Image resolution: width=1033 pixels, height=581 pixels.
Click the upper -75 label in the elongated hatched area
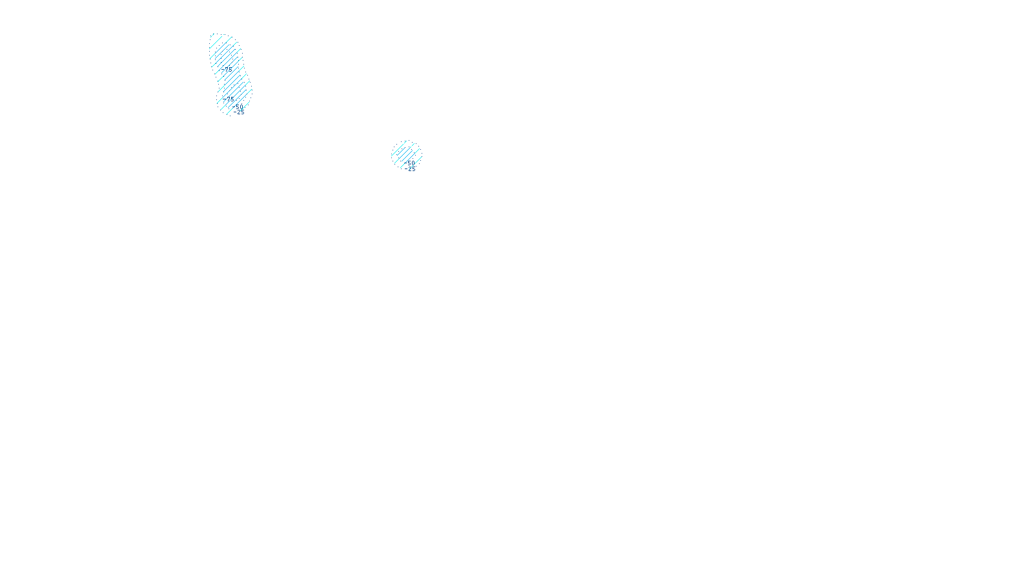tap(227, 68)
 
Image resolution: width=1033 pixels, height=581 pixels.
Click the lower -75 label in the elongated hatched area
tap(229, 99)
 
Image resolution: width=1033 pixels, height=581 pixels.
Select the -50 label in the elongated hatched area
tap(239, 107)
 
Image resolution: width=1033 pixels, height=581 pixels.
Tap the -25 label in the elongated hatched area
tap(241, 112)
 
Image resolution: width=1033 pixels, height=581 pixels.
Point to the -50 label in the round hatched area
tap(410, 163)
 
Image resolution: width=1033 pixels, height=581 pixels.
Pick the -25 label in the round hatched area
tap(411, 169)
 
